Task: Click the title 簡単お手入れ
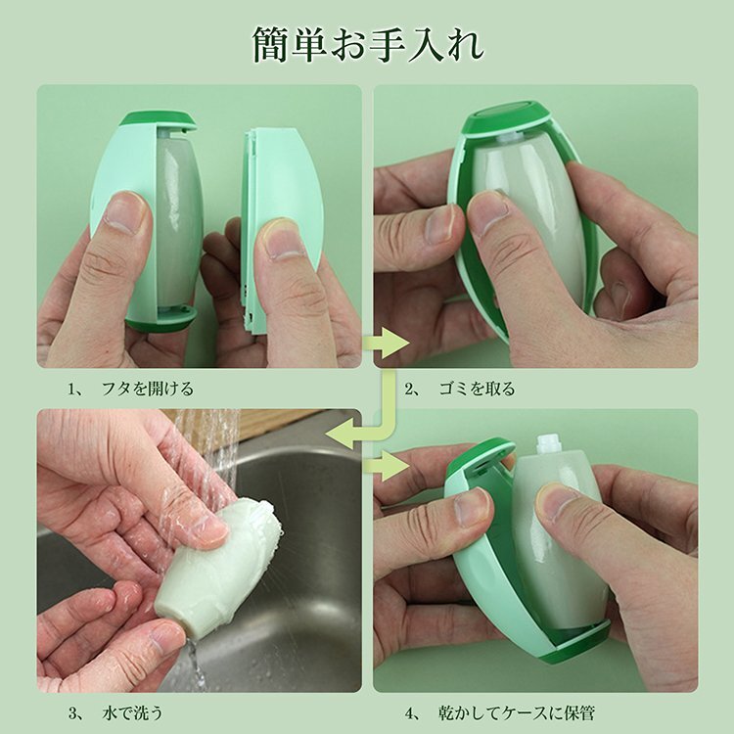[x=368, y=45]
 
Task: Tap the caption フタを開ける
[x=148, y=389]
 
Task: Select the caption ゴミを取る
[x=477, y=389]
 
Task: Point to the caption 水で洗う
[x=132, y=713]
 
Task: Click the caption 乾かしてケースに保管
[x=517, y=713]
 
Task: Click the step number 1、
[x=75, y=389]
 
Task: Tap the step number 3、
[x=75, y=713]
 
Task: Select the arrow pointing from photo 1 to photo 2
[x=386, y=344]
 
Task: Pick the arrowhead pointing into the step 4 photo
[x=393, y=466]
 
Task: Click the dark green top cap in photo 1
[x=159, y=118]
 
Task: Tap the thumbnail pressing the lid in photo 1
[x=277, y=238]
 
